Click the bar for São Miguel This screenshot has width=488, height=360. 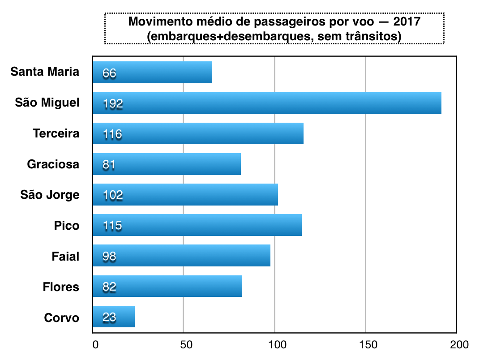pos(267,103)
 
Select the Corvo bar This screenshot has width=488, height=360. pos(114,317)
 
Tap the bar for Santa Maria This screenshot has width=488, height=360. pos(152,73)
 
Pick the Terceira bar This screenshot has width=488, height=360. pos(198,133)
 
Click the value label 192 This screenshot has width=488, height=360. pos(112,104)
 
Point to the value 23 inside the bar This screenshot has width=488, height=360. pos(109,317)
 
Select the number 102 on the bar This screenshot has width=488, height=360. pos(112,195)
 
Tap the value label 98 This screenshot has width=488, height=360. pos(109,257)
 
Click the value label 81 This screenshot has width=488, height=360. pos(109,165)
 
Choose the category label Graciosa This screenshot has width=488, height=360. pos(53,164)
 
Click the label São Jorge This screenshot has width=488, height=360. pos(50,195)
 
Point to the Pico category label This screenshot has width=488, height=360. pos(67,225)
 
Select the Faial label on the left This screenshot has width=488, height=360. pos(65,256)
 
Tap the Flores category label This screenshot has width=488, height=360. pos(61,287)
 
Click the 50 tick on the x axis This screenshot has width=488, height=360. pos(186,345)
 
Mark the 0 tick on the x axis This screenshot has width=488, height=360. pos(95,345)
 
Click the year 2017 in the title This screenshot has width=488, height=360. pos(407,21)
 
